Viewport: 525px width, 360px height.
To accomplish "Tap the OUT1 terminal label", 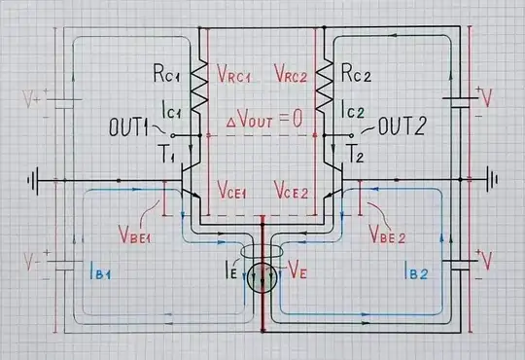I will pyautogui.click(x=135, y=126).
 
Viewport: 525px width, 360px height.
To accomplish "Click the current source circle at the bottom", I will pyautogui.click(x=262, y=280).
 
